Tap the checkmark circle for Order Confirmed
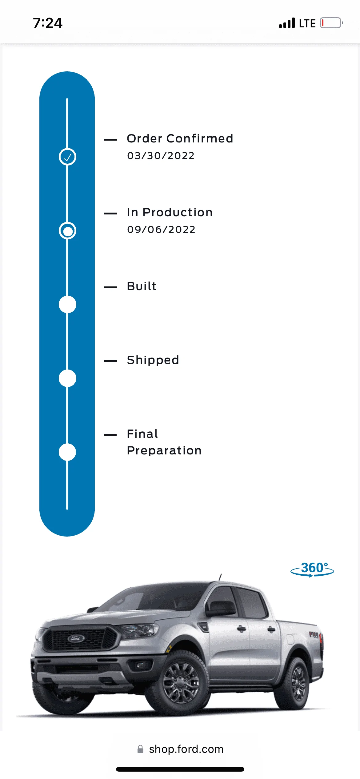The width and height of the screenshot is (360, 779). point(67,157)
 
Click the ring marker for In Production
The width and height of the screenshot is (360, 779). point(67,231)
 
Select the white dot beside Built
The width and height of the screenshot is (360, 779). point(67,305)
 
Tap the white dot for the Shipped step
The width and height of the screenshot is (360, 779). point(67,378)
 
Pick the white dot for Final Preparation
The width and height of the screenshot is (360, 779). point(67,452)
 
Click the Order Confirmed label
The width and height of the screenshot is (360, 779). point(180,139)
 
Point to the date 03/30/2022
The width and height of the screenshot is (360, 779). point(161,156)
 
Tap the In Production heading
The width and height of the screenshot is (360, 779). point(170,212)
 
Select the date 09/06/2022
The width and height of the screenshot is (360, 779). point(161,230)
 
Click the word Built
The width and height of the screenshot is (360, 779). point(142,286)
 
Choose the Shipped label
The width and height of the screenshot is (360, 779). point(153,360)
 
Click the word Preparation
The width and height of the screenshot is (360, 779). point(164,451)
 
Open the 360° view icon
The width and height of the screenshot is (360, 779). point(312,569)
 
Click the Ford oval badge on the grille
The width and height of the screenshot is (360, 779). point(76,638)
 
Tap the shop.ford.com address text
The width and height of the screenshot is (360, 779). point(186,749)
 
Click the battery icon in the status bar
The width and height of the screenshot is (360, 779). point(331,23)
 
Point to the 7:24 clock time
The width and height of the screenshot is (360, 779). point(48,23)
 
